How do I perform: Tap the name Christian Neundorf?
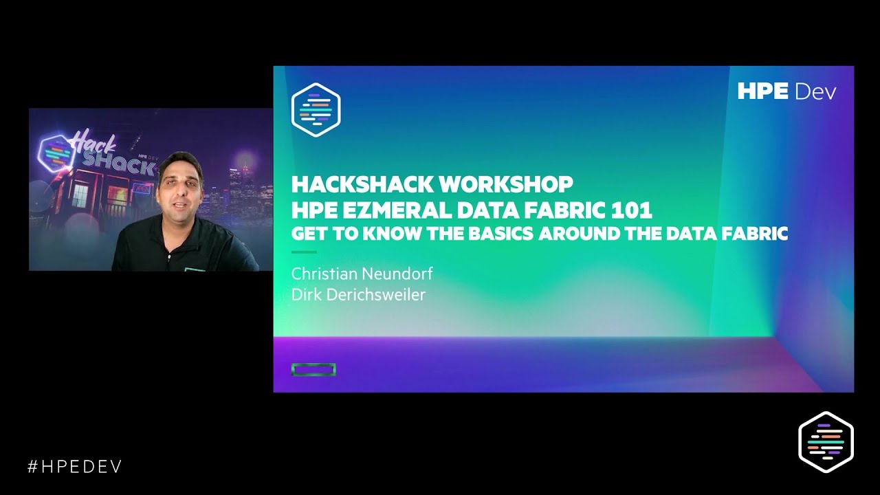tap(362, 274)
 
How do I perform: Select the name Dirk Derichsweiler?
tap(358, 295)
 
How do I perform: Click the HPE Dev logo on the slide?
tap(786, 91)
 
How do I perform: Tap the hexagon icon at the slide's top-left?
tap(316, 111)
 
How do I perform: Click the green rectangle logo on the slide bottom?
tap(313, 370)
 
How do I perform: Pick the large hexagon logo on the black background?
tap(826, 441)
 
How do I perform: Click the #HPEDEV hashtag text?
tap(74, 467)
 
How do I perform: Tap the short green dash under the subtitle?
tap(303, 252)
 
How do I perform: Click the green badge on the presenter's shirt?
tap(195, 269)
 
